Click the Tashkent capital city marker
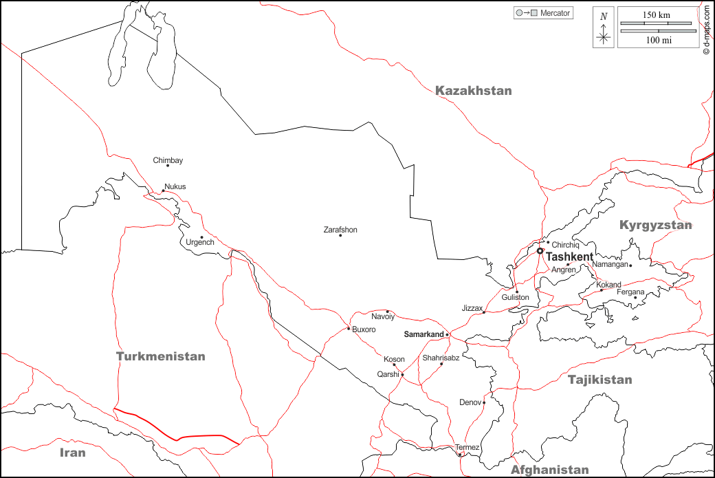click(x=540, y=251)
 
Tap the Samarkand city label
click(x=423, y=334)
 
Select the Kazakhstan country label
click(x=474, y=91)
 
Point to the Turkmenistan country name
click(x=160, y=356)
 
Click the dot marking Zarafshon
click(x=340, y=236)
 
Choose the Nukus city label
click(x=175, y=186)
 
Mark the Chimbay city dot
click(x=168, y=166)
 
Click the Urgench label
click(x=200, y=243)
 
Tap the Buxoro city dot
click(x=349, y=329)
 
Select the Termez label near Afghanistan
click(x=467, y=448)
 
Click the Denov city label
click(x=470, y=402)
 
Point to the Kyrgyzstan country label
click(x=655, y=226)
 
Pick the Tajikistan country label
click(x=599, y=380)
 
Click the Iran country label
click(x=72, y=453)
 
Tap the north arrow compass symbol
click(x=604, y=28)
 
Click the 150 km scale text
click(x=657, y=15)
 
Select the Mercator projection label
click(x=555, y=13)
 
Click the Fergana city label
click(x=630, y=292)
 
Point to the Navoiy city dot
click(x=387, y=311)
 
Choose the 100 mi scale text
click(x=658, y=41)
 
